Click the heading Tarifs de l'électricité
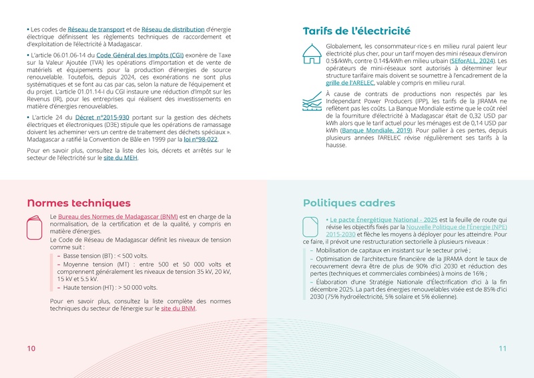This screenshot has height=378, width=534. [x=356, y=31]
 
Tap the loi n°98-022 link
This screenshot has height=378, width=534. [x=200, y=140]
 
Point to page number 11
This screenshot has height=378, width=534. [x=503, y=349]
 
